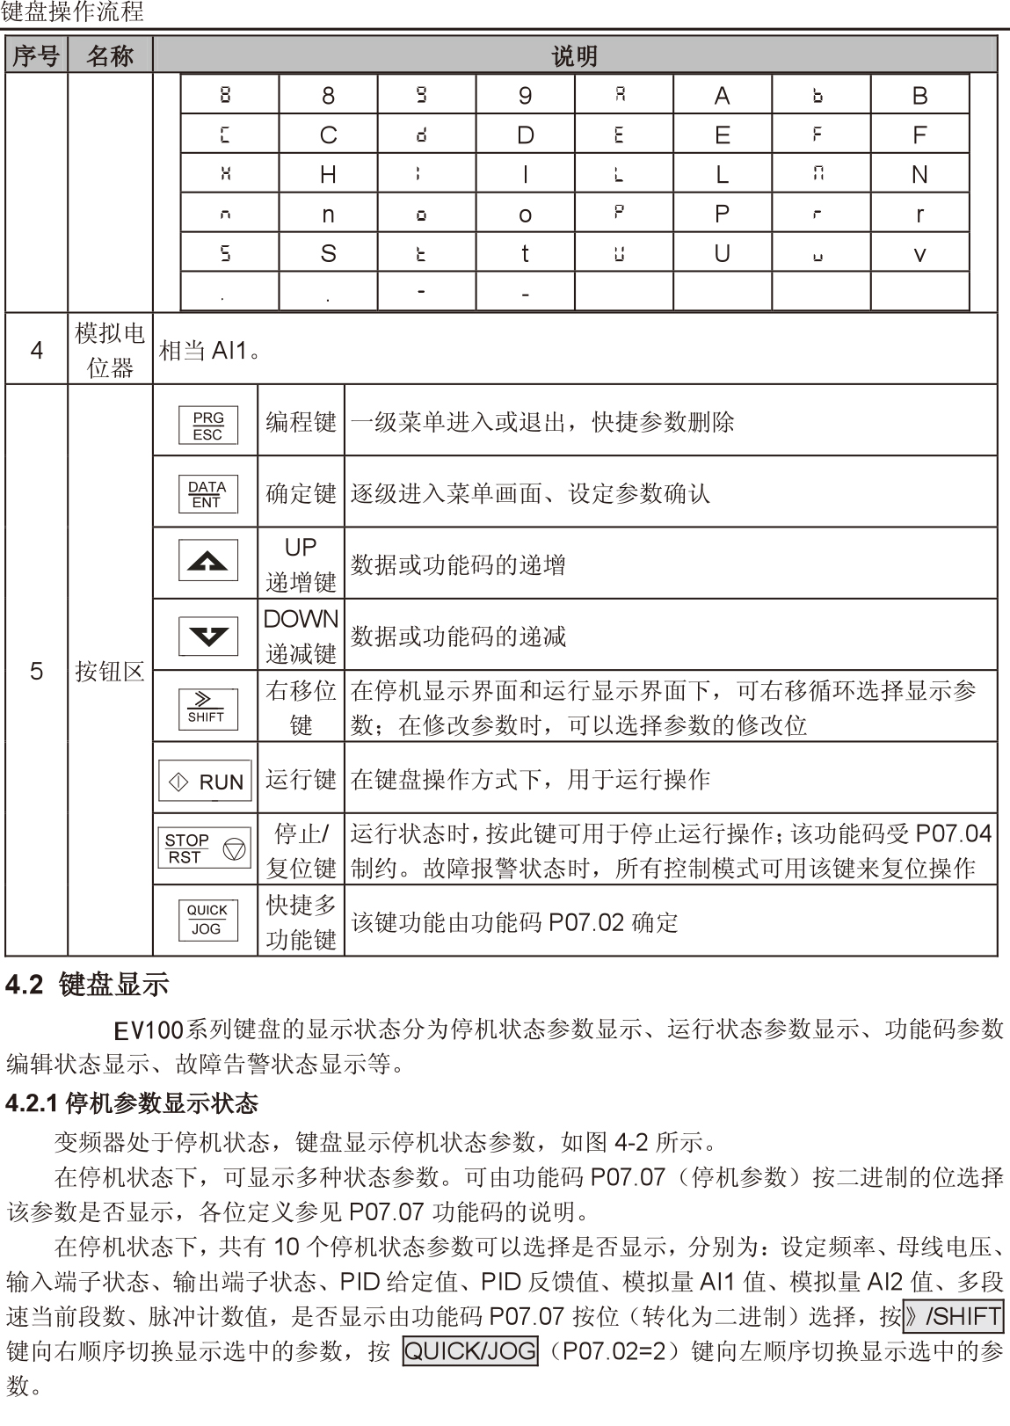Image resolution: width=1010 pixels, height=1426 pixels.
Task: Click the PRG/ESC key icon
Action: (x=207, y=426)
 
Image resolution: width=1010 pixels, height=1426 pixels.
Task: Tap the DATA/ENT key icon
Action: (x=207, y=494)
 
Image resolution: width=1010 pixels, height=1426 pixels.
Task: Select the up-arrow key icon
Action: (x=207, y=561)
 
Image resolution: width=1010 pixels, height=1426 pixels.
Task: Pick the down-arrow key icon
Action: (x=207, y=636)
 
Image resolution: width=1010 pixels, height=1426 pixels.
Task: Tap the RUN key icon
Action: (x=206, y=782)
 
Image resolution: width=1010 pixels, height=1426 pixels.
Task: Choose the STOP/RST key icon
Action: (x=206, y=848)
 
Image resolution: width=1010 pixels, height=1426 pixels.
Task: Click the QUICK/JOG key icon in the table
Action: (x=207, y=920)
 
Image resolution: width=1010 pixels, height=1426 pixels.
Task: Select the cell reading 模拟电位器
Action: (x=110, y=350)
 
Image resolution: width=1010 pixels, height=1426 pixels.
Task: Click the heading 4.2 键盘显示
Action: (x=87, y=985)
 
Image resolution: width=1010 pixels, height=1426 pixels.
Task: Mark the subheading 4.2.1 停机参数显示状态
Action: (x=132, y=1102)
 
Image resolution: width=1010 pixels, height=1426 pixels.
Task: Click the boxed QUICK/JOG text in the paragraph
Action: (x=469, y=1350)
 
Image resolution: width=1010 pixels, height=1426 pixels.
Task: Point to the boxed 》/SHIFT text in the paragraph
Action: (x=953, y=1316)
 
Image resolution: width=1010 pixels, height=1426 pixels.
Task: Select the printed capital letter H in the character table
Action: (x=328, y=175)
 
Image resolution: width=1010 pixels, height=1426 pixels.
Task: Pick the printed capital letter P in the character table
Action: (x=722, y=214)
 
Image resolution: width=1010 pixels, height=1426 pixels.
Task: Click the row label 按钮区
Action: (x=110, y=673)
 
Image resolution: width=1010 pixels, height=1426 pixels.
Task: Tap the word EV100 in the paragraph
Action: (x=149, y=1029)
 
